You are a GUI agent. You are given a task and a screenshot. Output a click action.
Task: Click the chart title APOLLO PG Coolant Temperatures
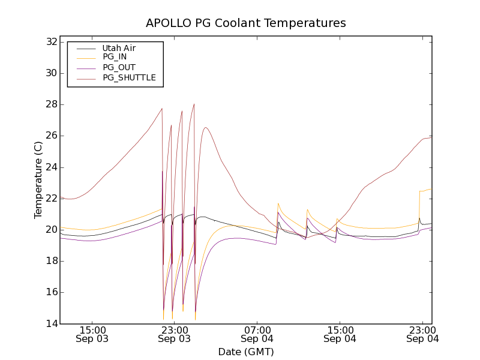coord(246,23)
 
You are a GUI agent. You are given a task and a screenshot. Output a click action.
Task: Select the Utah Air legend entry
coord(119,48)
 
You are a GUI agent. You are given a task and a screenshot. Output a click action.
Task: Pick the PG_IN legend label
coord(115,57)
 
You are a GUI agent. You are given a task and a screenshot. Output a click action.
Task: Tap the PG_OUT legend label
coord(119,67)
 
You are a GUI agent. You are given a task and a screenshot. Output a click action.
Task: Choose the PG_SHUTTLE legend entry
coord(129,77)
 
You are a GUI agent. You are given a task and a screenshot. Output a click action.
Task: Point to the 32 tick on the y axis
coord(51,42)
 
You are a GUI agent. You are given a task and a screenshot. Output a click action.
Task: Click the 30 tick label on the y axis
coord(51,73)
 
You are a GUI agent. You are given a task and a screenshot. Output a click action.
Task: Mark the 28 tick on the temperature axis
coord(51,104)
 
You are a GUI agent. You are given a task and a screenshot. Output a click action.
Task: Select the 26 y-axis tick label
coord(51,136)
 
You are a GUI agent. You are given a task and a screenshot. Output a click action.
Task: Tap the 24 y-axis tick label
coord(51,167)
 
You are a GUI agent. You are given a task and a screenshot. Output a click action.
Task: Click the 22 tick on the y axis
coord(51,198)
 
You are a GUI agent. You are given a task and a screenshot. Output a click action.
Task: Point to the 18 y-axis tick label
coord(51,261)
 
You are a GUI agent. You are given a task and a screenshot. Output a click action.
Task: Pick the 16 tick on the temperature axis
coord(51,292)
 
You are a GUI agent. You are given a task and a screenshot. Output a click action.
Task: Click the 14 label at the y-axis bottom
coord(51,323)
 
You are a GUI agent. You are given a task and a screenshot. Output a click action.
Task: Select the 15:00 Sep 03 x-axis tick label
coord(92,334)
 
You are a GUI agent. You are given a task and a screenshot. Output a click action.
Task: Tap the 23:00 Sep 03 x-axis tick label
coord(174,334)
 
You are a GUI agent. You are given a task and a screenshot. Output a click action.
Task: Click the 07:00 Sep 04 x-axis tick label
coord(257,334)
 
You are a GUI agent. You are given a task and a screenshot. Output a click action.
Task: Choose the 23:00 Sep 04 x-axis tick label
coord(422,334)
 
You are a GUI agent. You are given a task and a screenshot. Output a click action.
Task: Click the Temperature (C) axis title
coord(38,179)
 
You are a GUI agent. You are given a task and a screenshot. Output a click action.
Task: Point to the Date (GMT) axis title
coord(246,352)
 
